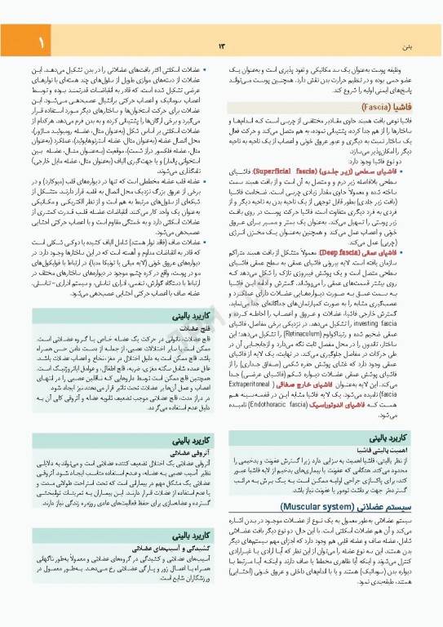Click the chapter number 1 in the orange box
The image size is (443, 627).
click(x=17, y=41)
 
